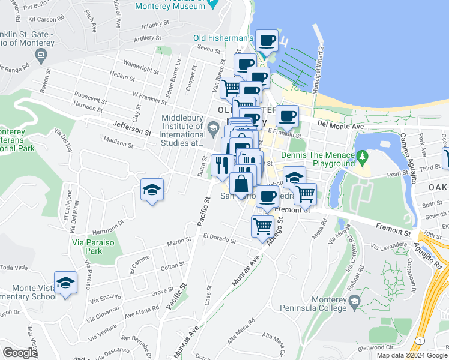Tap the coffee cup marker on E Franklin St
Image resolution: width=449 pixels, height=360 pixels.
pos(287,116)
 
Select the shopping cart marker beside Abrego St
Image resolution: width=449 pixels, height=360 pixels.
pos(262,227)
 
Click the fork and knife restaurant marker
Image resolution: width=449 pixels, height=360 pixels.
pos(221,165)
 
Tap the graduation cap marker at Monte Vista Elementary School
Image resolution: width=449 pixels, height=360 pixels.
pos(66,283)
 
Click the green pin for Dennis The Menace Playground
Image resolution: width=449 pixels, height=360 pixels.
pos(361,157)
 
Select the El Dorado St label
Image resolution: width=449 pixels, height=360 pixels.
pos(219,238)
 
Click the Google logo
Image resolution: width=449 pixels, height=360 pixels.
pos(20,353)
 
